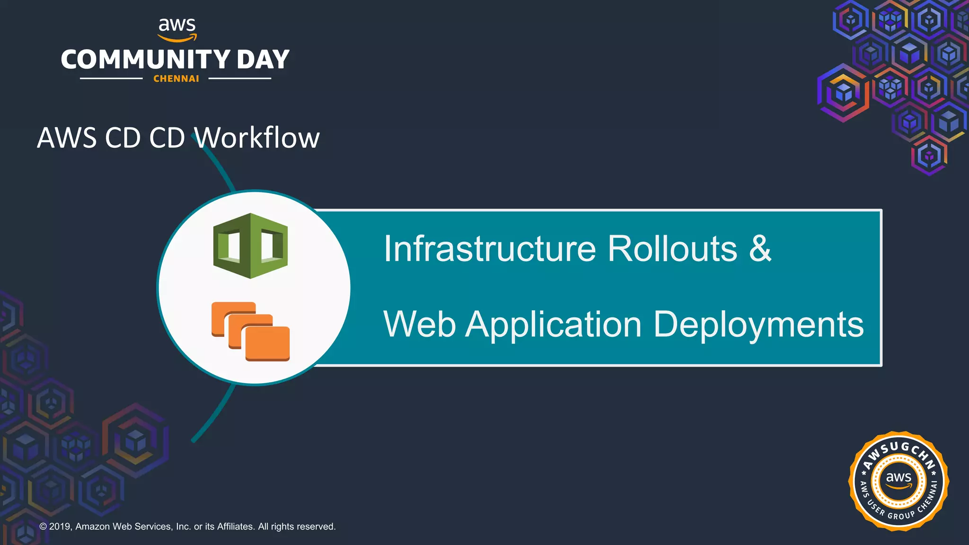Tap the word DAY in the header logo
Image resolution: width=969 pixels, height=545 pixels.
(263, 60)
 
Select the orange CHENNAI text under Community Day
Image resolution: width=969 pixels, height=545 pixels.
(176, 79)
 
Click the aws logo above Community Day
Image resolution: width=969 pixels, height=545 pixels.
(177, 28)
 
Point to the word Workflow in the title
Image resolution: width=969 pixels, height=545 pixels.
(257, 138)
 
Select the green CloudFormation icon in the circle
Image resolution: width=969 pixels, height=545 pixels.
(250, 246)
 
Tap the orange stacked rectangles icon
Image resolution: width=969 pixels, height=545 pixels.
(250, 331)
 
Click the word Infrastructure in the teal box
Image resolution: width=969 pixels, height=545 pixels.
(490, 249)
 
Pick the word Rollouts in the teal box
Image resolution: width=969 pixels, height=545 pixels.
(672, 249)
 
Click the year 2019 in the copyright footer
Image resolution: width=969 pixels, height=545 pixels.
(60, 527)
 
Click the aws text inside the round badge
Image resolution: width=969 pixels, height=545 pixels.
(899, 478)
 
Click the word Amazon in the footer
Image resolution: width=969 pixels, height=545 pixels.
(93, 527)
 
